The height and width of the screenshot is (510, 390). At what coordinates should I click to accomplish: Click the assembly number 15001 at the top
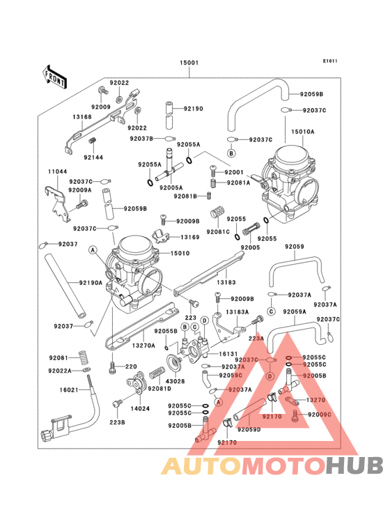(x=190, y=63)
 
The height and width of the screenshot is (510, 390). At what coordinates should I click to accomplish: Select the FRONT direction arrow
(x=55, y=75)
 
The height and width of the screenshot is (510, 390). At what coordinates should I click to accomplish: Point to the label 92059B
(x=311, y=94)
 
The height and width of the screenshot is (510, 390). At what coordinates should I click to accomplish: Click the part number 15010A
(x=302, y=132)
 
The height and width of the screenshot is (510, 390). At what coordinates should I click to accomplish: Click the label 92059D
(x=249, y=429)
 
